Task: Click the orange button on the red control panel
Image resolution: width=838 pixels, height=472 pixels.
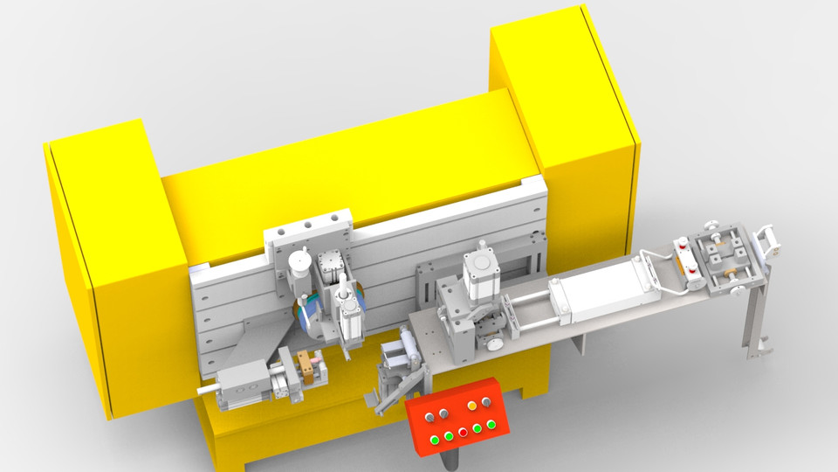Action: coord(472,405)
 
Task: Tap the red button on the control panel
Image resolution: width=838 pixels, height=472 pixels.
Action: coord(463,432)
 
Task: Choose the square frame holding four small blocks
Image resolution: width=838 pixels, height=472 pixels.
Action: coord(725,258)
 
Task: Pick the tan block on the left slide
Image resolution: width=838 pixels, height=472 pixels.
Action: coord(308,361)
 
